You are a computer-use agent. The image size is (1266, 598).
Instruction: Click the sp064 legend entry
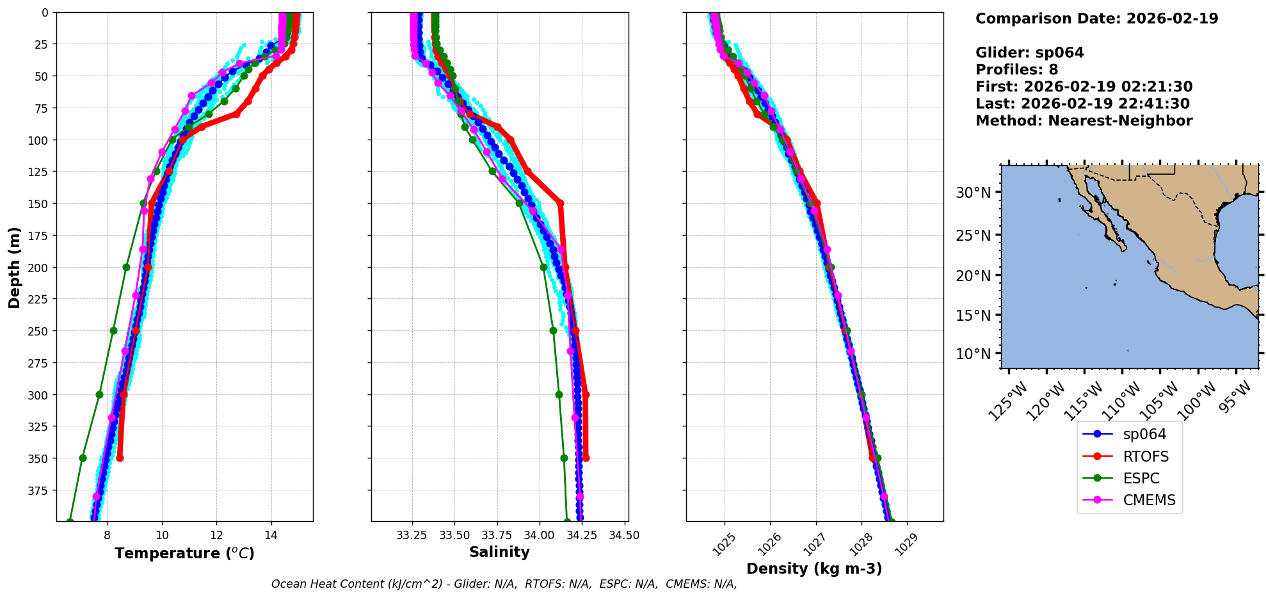coord(1144,434)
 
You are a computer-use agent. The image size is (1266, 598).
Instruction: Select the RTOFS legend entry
coord(1145,457)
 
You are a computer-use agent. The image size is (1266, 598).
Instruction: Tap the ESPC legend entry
coord(1141,478)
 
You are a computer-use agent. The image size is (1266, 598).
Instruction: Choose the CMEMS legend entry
coord(1149,500)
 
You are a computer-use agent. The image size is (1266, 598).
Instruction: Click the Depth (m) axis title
coord(14,267)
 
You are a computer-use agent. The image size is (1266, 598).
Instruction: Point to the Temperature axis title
coord(184,553)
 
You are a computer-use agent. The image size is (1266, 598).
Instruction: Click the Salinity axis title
coord(499,552)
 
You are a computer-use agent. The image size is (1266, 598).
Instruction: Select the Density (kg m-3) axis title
coord(814,569)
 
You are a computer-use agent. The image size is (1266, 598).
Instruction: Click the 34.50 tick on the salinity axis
coord(624,535)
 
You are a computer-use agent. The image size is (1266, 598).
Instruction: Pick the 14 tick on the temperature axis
coord(271,535)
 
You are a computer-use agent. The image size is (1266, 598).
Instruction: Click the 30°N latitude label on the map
coord(973,193)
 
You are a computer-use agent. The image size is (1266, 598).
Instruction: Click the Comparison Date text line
coord(1096,19)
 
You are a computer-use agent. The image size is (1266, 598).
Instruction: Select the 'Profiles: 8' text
coord(1016,70)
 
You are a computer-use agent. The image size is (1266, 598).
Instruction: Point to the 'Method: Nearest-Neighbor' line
coord(1084,121)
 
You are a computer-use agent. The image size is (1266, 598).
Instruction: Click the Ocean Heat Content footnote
coord(504,584)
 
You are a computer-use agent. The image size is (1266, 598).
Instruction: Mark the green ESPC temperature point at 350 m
coord(83,458)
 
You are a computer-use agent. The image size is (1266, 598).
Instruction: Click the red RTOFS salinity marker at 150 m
coord(560,204)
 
